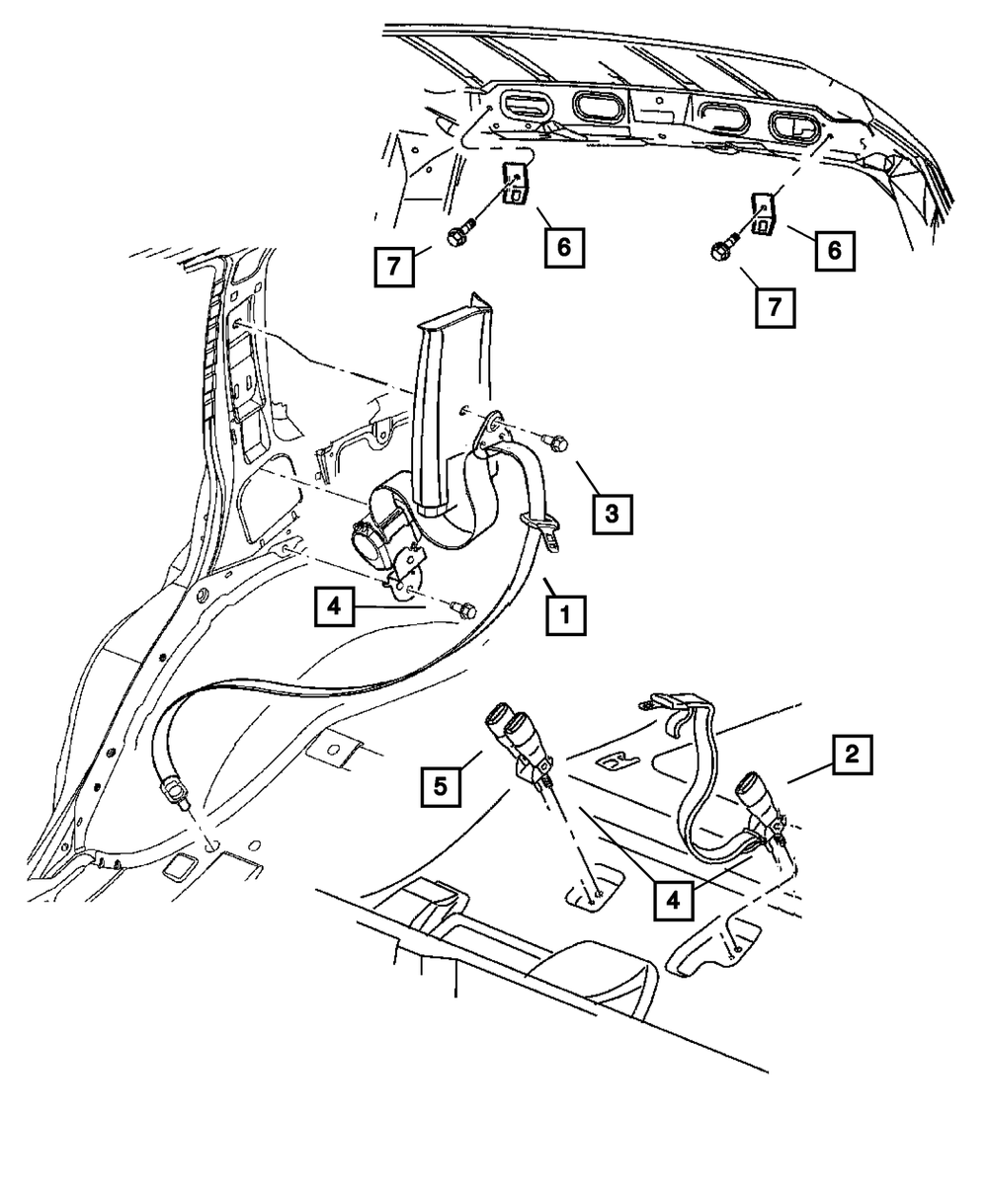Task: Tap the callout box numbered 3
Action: (612, 515)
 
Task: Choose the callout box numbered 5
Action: (440, 787)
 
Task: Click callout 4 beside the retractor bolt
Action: (335, 605)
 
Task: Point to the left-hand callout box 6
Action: (563, 246)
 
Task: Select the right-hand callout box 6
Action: (835, 251)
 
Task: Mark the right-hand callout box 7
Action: (775, 307)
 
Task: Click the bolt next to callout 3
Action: (556, 445)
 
